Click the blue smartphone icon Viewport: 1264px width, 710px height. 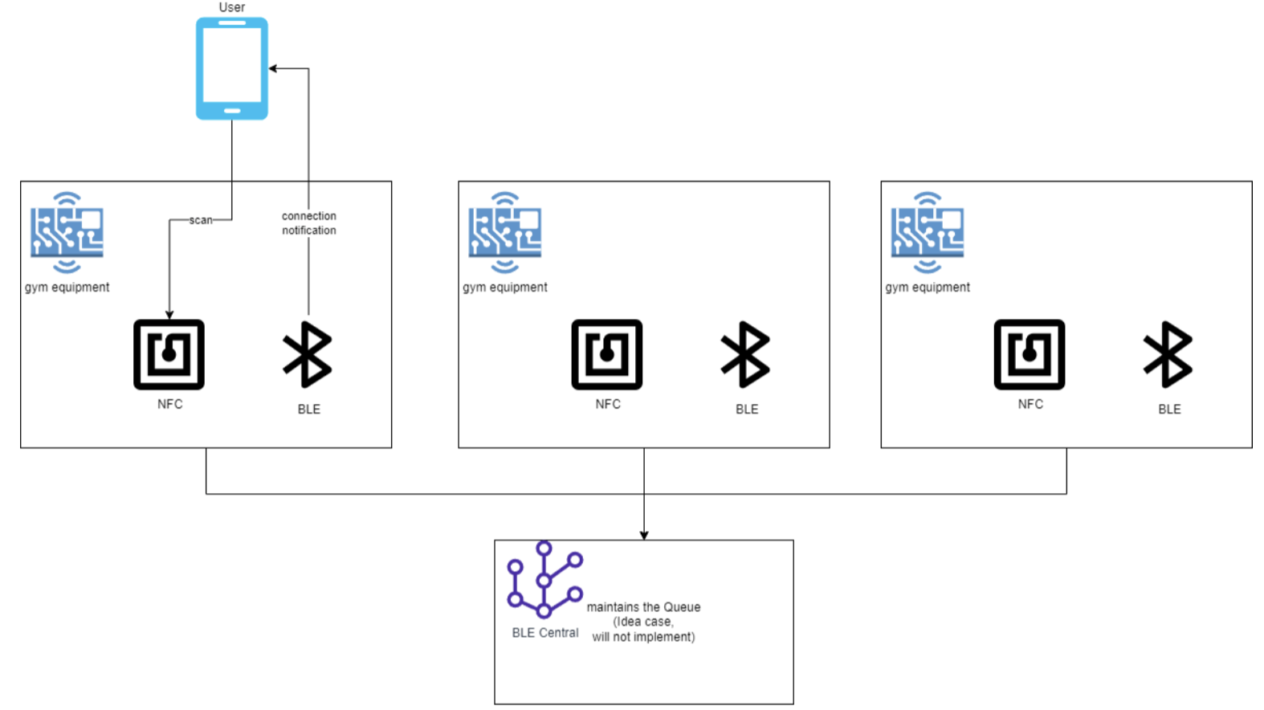tap(232, 68)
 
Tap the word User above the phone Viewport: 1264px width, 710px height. tap(232, 7)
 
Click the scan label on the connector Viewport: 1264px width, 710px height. tap(201, 220)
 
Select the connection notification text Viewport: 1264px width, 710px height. tap(308, 223)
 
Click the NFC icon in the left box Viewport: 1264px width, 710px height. tap(169, 354)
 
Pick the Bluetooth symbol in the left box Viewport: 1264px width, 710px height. tap(308, 354)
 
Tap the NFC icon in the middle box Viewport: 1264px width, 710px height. tap(606, 354)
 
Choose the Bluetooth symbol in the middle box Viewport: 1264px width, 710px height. tap(745, 354)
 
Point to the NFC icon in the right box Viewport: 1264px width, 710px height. tap(1030, 354)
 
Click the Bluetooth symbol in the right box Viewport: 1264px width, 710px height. tap(1168, 354)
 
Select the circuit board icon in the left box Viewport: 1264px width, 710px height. tap(67, 233)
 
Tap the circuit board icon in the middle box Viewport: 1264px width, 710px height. tap(504, 233)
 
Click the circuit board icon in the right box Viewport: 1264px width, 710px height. tap(928, 233)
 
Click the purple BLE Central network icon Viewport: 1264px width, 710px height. tap(544, 580)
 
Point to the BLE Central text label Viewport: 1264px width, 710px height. tap(545, 633)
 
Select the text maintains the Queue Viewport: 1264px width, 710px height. tap(643, 607)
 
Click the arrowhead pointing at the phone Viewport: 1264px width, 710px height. tap(272, 68)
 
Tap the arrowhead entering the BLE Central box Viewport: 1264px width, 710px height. tap(644, 536)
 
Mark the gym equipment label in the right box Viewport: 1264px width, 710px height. tap(928, 288)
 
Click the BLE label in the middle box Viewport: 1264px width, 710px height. tap(747, 409)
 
